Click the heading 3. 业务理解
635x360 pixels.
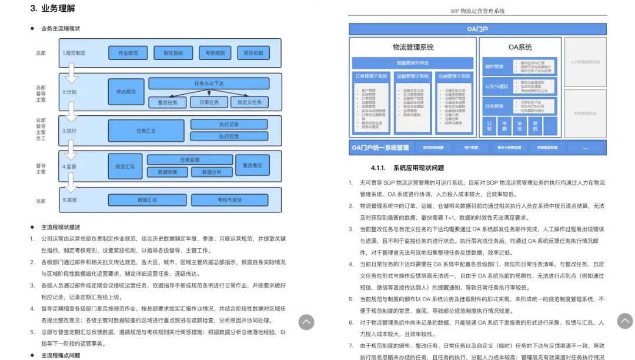pos(52,9)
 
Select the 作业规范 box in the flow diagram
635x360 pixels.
pos(128,53)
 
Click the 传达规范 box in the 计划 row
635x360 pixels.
pos(126,92)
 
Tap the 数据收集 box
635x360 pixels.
pos(168,172)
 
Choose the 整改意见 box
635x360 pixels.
pos(253,165)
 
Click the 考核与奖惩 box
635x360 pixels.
pos(229,200)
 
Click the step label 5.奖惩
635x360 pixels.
pos(70,200)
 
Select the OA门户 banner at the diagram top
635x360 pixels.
pos(477,29)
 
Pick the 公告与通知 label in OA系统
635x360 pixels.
pos(496,86)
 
